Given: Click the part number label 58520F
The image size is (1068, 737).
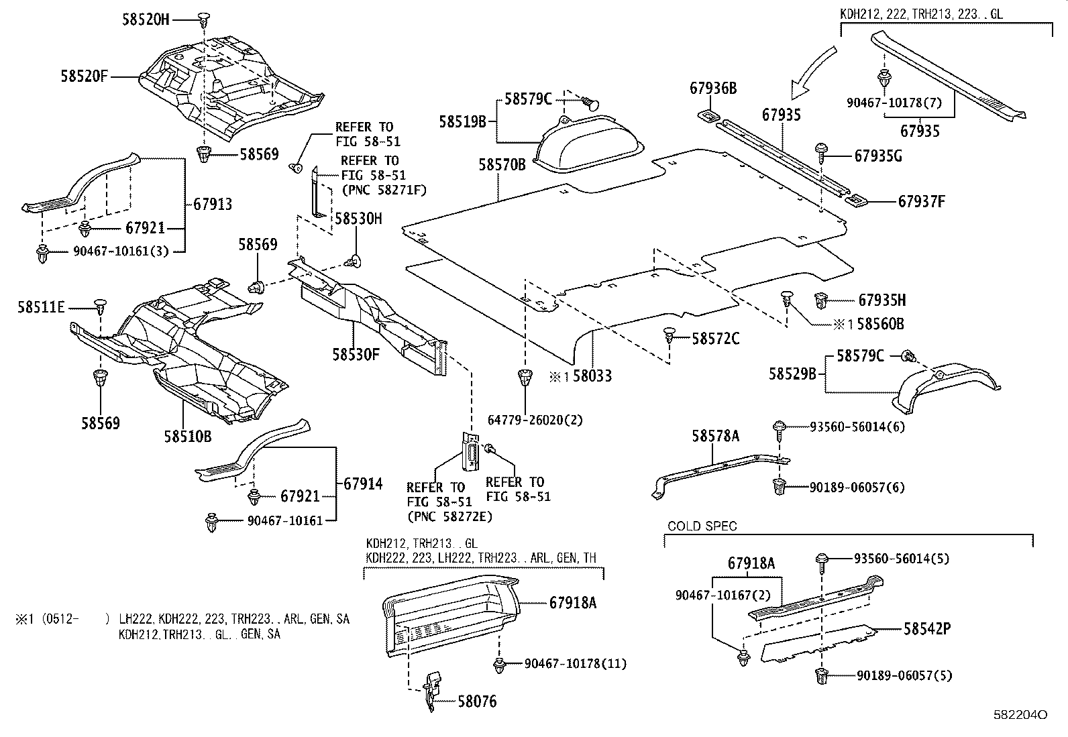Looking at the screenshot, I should coord(85,76).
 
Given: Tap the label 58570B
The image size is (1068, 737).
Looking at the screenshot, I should coord(502,164).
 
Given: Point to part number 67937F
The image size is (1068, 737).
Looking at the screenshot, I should coord(922,201).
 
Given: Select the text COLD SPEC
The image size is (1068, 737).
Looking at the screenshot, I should coord(702,526).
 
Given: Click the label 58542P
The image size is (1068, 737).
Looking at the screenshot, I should coord(927,628).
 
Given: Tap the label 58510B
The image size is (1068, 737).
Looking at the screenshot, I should coord(187,437).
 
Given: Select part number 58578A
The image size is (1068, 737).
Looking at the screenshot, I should coord(716,437).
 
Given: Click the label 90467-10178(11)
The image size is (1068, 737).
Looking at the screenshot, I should coord(575,663).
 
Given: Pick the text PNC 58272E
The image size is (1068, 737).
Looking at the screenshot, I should coord(449,516).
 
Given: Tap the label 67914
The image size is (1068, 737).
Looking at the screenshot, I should coord(363,484).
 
